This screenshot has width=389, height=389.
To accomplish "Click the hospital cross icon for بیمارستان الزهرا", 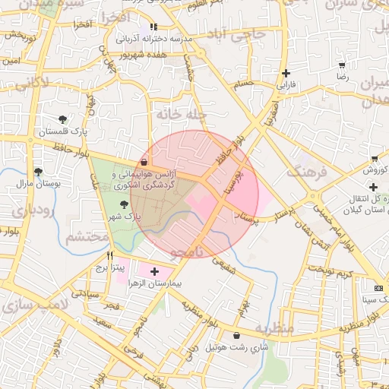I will tap(155, 271).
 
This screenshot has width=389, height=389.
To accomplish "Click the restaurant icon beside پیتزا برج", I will tap(110, 256).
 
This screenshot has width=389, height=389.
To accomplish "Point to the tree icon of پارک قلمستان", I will tap(62, 119).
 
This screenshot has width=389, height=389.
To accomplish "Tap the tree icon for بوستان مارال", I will tap(37, 172).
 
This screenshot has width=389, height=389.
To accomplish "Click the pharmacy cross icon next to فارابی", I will tap(286, 74).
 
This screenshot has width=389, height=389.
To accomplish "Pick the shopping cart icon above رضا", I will tap(342, 65).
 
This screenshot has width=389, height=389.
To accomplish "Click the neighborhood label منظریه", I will tap(274, 329).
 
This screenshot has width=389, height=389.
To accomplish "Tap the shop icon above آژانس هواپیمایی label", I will tap(144, 162).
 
